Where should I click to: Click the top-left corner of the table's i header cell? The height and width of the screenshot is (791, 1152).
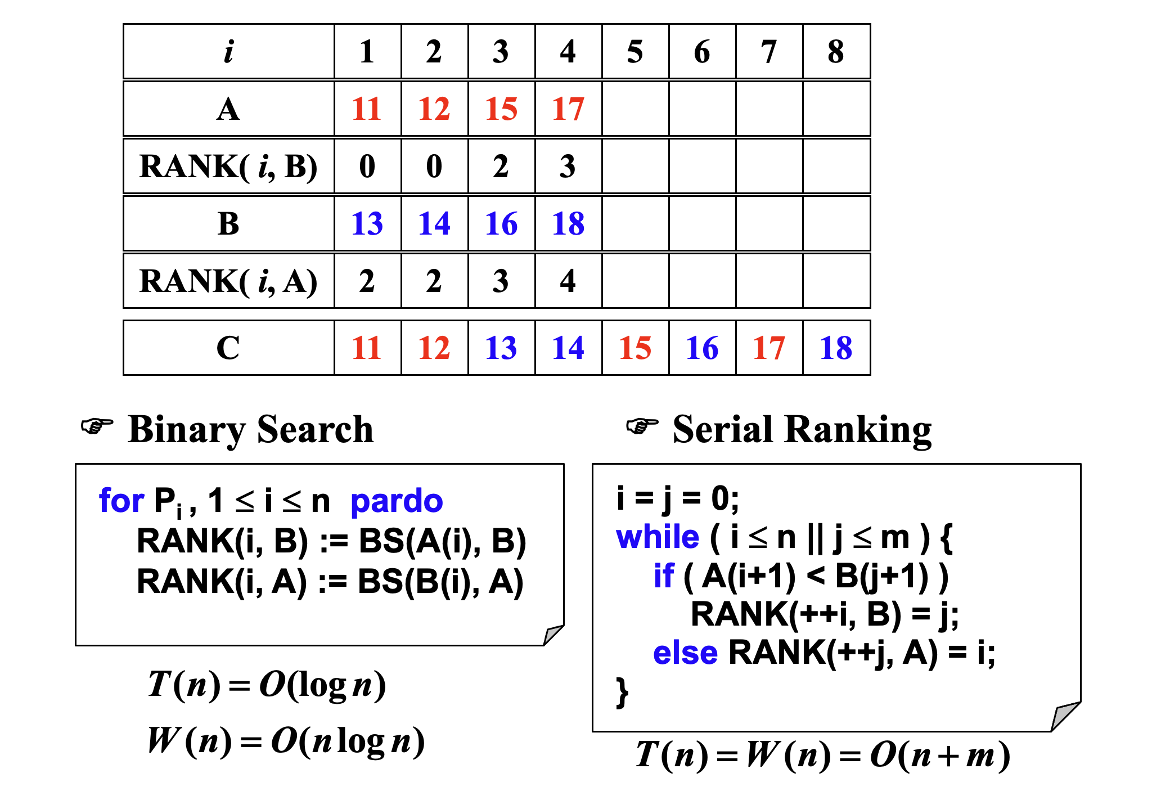[x=124, y=24]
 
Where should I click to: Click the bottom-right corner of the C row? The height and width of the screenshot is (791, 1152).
[x=870, y=375]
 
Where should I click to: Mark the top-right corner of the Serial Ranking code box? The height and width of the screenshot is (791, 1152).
[x=1081, y=464]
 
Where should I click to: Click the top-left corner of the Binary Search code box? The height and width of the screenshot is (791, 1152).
[x=76, y=464]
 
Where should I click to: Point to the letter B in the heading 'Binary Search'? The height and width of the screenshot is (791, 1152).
[x=140, y=429]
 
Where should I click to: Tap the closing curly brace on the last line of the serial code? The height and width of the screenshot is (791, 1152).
[x=622, y=692]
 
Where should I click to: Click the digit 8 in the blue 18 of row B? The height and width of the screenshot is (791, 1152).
[x=577, y=223]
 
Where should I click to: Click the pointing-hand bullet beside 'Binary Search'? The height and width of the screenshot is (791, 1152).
[x=97, y=426]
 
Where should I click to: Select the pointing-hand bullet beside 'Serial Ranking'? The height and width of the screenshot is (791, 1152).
[x=642, y=426]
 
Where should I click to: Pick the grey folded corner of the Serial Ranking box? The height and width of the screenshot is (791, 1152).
[x=1066, y=716]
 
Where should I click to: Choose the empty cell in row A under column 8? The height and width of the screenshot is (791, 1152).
[x=836, y=109]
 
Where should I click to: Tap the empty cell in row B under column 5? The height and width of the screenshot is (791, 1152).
[x=636, y=223]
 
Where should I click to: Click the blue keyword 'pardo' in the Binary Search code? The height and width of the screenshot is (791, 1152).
[x=397, y=501]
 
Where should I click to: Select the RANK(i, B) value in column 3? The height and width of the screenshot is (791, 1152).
[x=501, y=166]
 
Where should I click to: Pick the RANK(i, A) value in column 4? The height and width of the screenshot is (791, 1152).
[x=568, y=281]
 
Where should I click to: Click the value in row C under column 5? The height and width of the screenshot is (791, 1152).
[x=635, y=348]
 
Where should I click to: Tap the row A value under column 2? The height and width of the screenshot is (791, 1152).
[x=434, y=109]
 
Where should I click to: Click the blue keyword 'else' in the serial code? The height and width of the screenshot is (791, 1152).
[x=686, y=653]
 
